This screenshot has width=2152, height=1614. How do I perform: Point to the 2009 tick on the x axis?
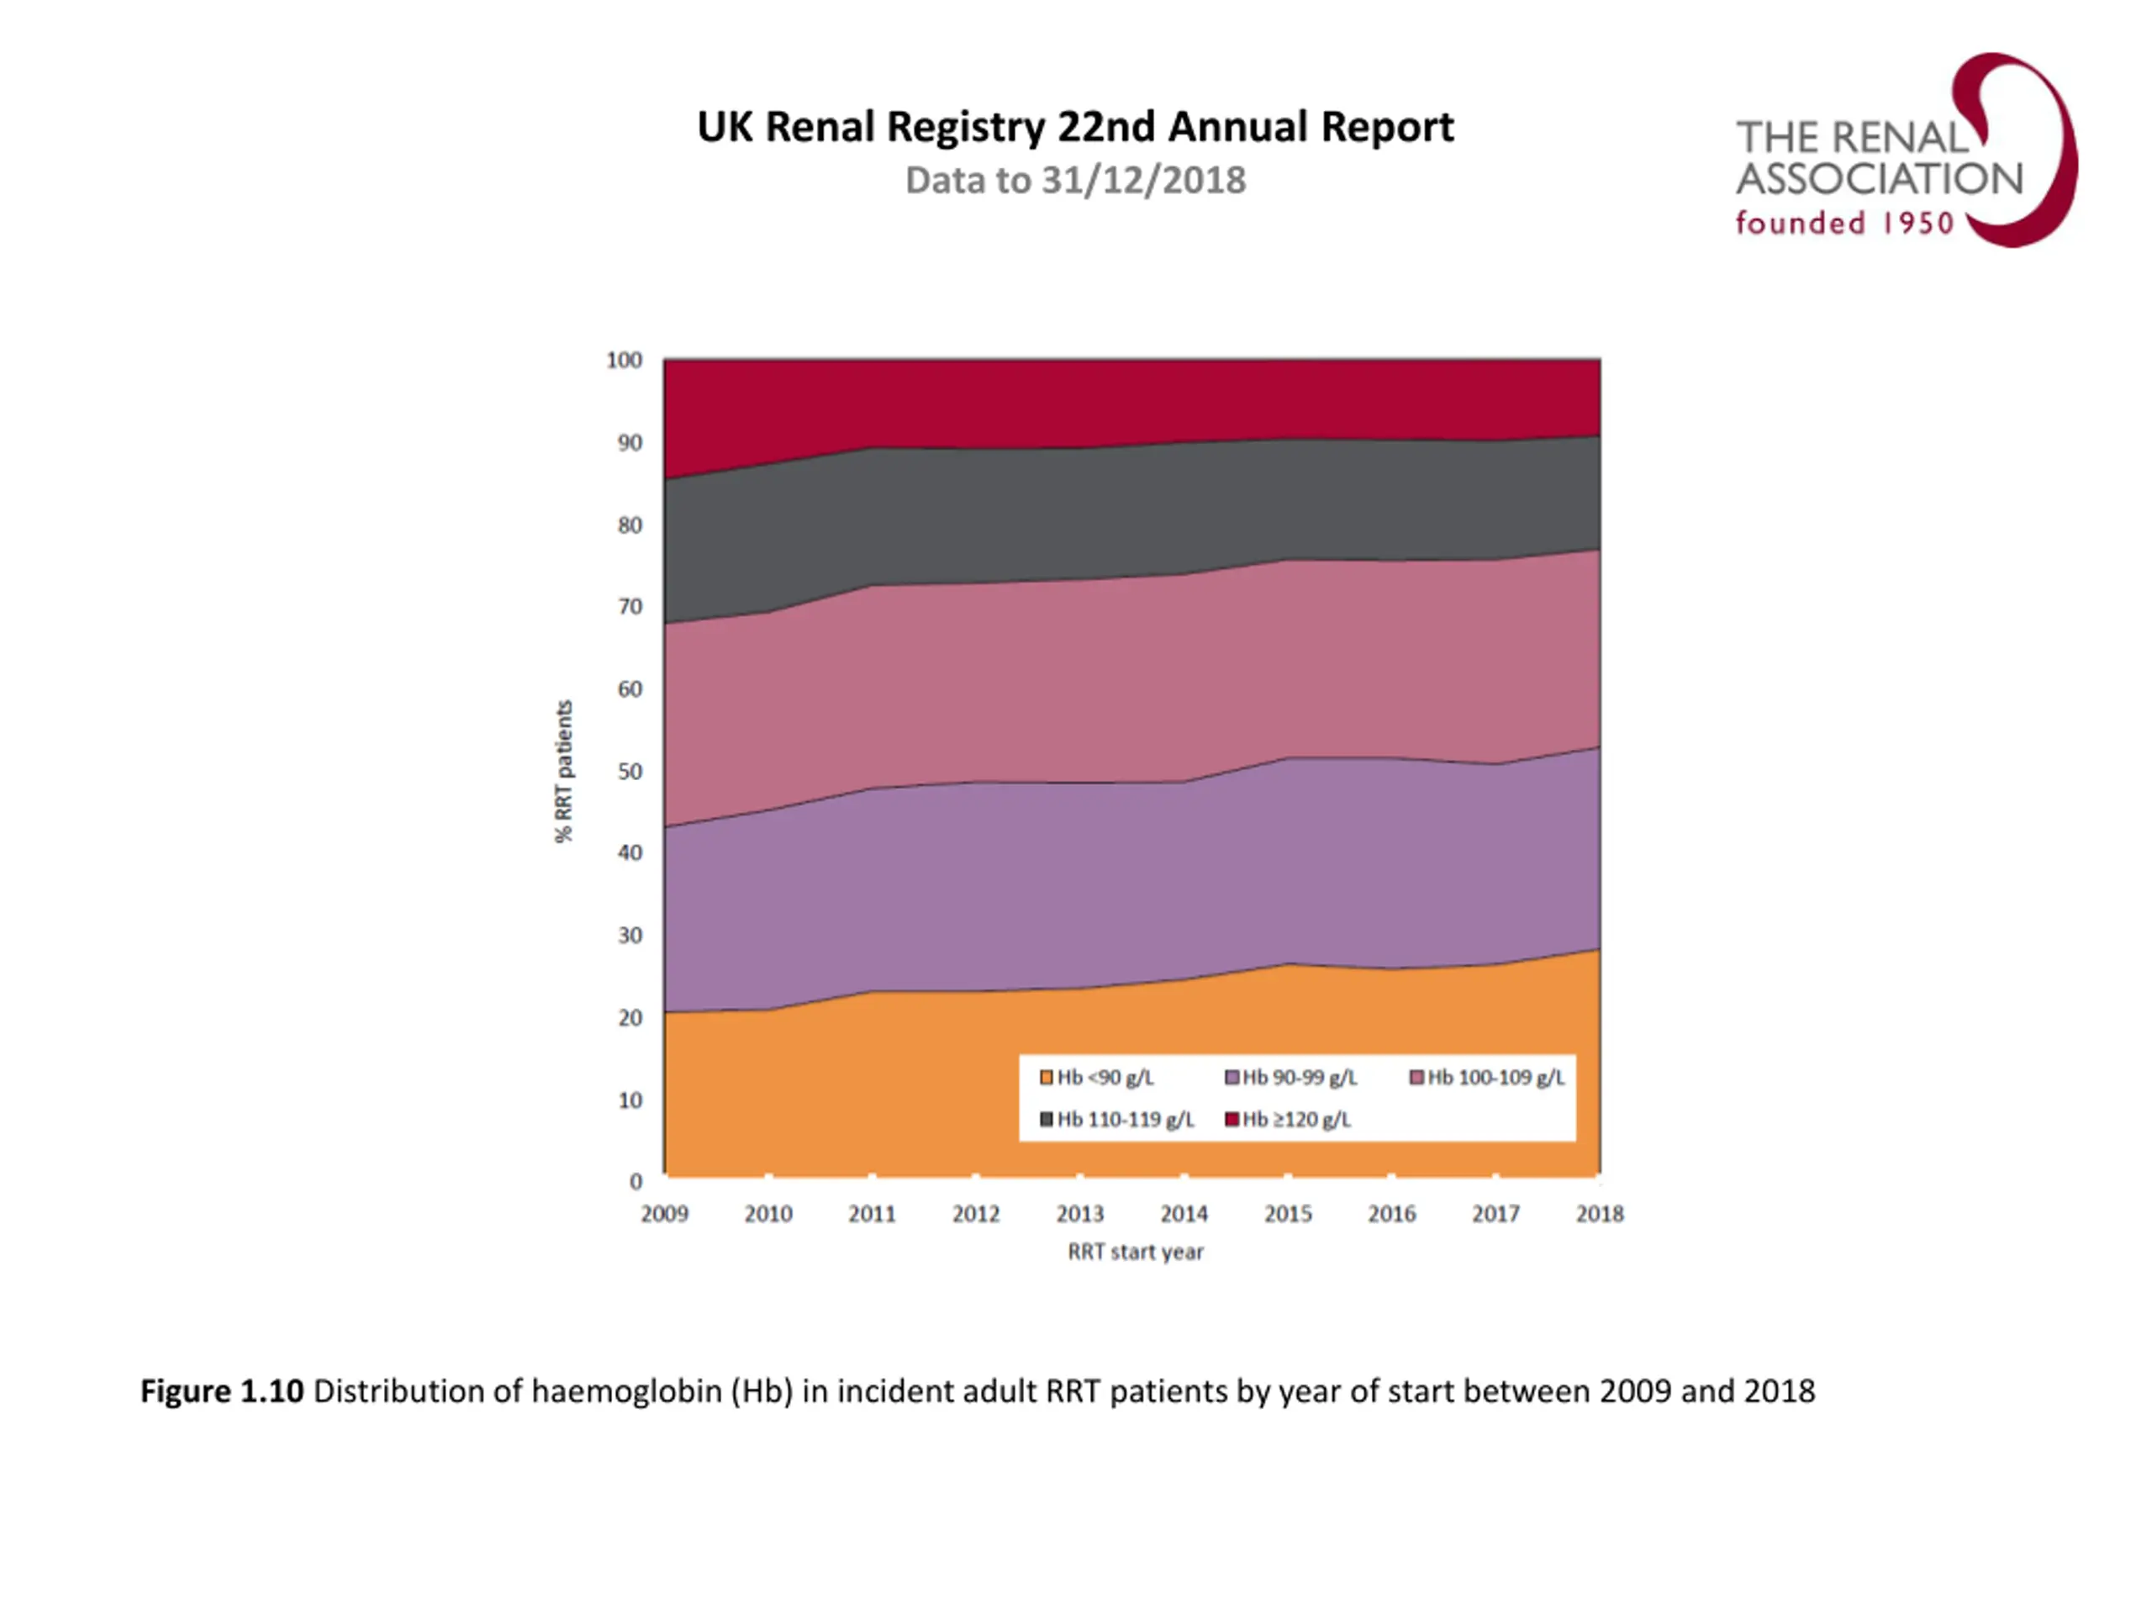(x=664, y=1213)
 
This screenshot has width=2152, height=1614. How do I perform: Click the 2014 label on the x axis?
(x=1184, y=1213)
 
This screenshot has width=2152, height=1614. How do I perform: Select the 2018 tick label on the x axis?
(x=1600, y=1213)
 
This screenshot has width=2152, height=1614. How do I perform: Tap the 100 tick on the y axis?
(x=624, y=360)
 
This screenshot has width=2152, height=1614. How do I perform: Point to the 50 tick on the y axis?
(x=630, y=772)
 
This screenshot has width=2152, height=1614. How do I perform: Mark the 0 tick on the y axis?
(x=636, y=1181)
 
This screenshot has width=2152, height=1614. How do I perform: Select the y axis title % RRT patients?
(x=563, y=771)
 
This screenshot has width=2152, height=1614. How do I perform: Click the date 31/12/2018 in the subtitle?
(x=1143, y=181)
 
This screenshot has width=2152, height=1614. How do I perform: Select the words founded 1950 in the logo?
(x=1843, y=224)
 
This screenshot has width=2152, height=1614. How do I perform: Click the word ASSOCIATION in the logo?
(x=1879, y=179)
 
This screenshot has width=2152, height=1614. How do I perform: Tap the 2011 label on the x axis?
(x=872, y=1213)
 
